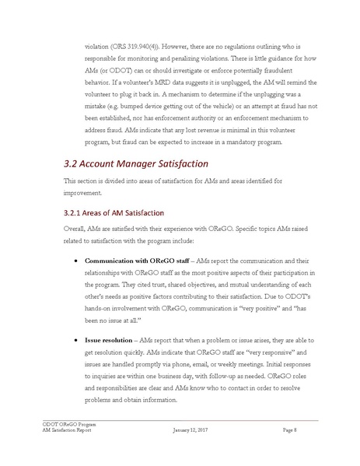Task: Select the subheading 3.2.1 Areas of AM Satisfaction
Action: click(x=117, y=212)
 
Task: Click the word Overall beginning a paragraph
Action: click(x=75, y=231)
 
